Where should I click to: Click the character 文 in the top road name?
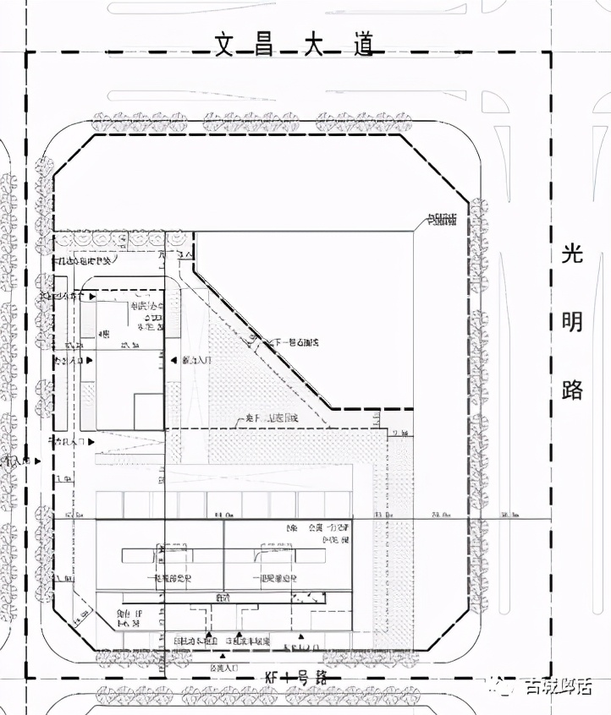tap(223, 46)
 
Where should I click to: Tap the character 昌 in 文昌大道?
tap(264, 46)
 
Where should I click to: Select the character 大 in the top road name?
tap(315, 46)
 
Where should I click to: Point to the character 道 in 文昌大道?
tap(363, 46)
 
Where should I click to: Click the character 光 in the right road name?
tap(573, 254)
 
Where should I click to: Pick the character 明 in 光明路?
tap(573, 321)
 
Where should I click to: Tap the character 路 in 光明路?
tap(573, 389)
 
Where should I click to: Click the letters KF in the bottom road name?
tap(273, 678)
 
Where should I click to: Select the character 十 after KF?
tap(290, 678)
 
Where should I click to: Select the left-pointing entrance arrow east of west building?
tap(173, 360)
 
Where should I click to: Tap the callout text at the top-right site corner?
tap(441, 221)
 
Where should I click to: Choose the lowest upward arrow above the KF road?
tap(223, 656)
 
